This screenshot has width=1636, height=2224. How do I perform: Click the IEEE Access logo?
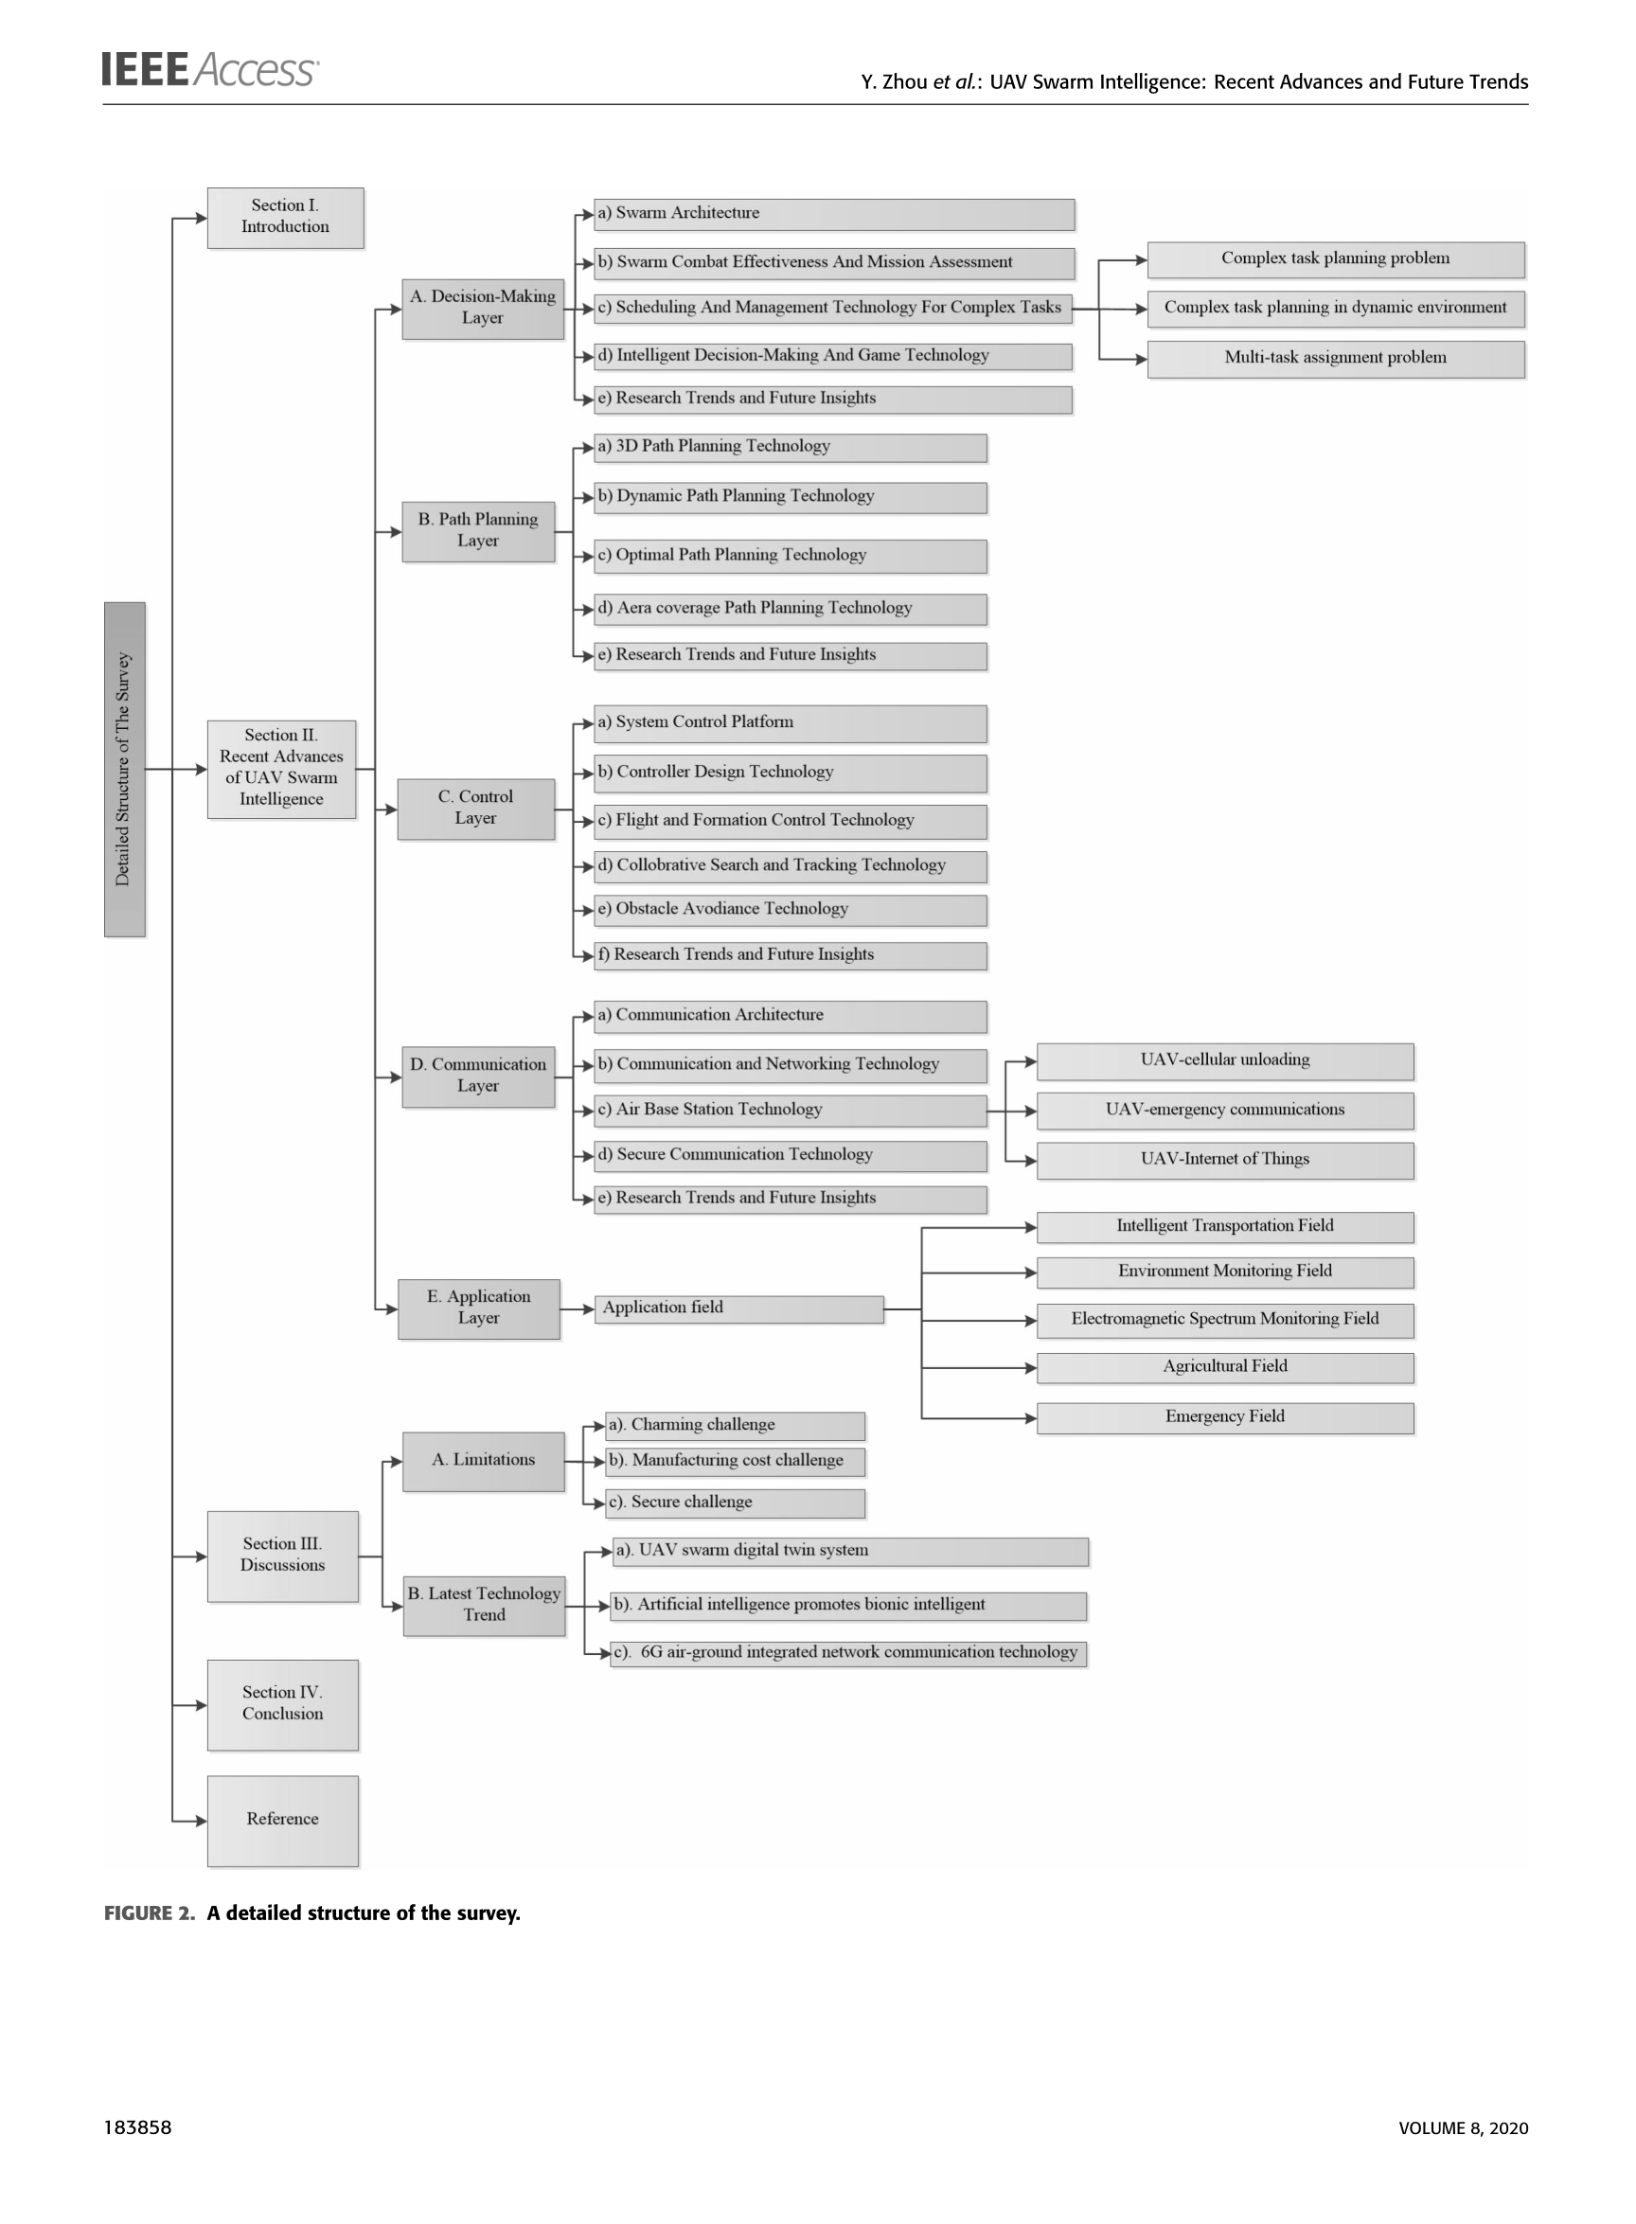coord(209,70)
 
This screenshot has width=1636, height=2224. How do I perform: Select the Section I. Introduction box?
coord(285,218)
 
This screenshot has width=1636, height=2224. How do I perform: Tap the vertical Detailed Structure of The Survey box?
coord(125,770)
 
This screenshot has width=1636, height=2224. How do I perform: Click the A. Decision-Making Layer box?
coord(483,309)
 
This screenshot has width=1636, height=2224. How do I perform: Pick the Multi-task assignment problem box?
coord(1336,360)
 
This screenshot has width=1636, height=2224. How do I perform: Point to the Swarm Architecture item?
coord(834,214)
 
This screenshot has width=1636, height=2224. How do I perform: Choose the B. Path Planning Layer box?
coord(478,532)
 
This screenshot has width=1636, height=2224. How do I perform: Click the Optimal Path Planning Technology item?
coord(791,557)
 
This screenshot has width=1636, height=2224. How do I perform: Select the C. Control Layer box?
coord(476,809)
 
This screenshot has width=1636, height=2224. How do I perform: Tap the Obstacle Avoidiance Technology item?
coord(791,910)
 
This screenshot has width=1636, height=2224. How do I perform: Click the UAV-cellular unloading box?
coord(1225,1061)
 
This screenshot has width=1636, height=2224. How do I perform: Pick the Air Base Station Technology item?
coord(791,1111)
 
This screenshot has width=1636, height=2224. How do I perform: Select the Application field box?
coord(738,1309)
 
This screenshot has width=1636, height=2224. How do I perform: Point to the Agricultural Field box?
coord(1225,1368)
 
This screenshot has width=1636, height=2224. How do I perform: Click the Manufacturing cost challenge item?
coord(736,1462)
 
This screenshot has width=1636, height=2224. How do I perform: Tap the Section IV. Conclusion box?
coord(283,1705)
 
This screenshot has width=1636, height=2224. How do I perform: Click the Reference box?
coord(283,1821)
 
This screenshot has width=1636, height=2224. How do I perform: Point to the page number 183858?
coord(137,2127)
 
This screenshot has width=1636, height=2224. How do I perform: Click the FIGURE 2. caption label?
coord(150,1913)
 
